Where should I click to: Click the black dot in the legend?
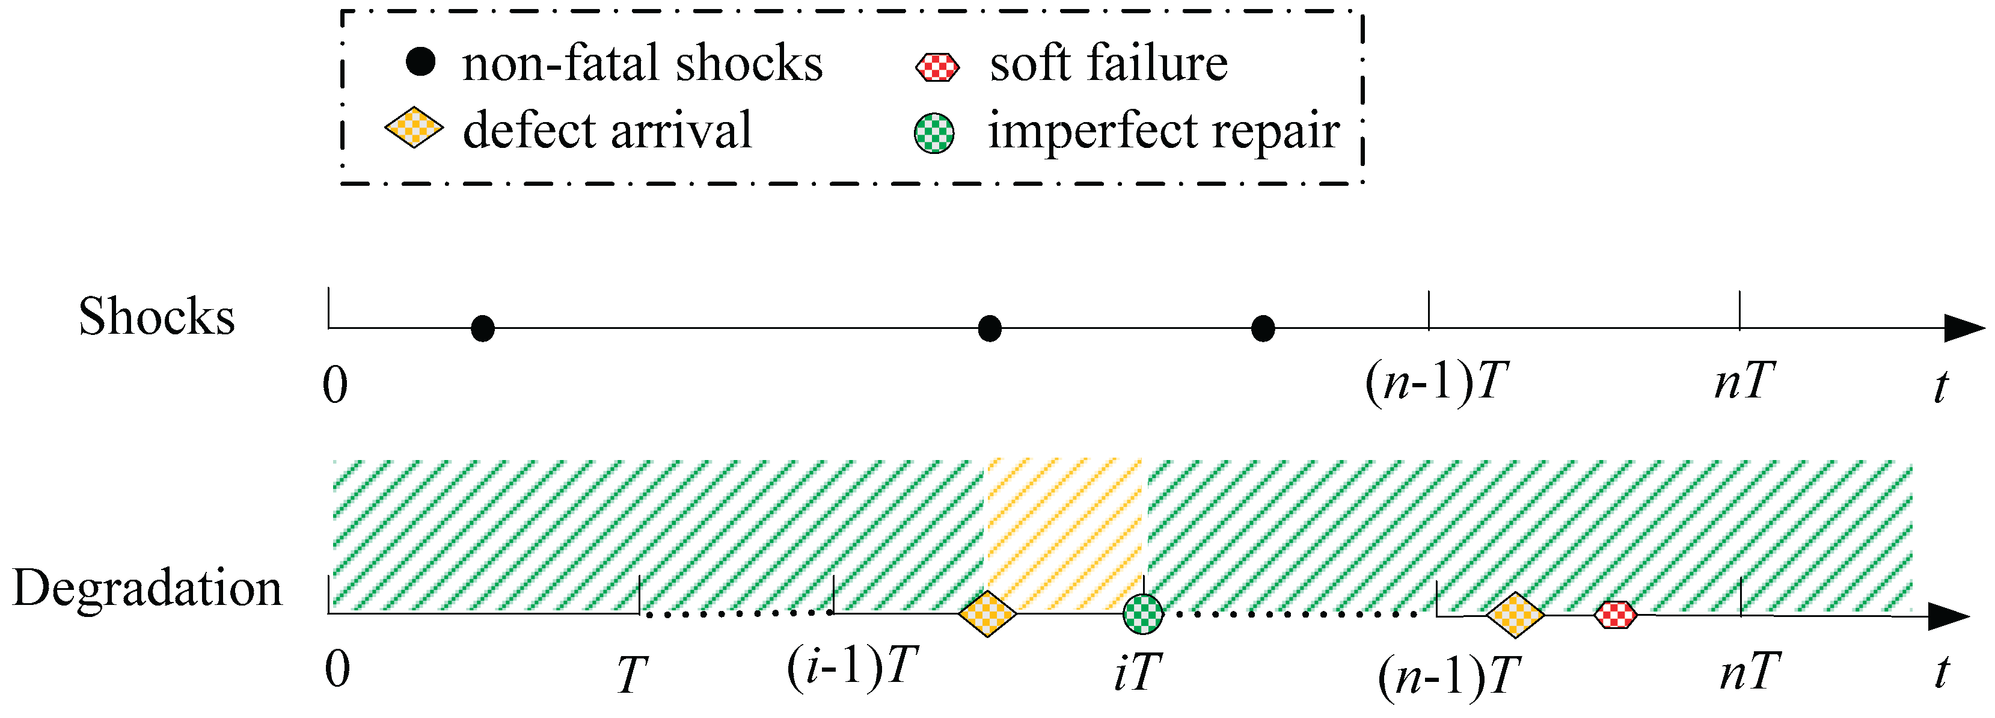tap(420, 61)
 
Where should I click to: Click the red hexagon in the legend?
tap(937, 67)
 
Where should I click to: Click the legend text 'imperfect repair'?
tap(1163, 130)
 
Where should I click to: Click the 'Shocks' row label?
tap(156, 316)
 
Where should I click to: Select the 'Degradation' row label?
tap(147, 589)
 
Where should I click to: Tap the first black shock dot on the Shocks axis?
tap(482, 328)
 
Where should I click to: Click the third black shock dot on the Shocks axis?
tap(1263, 328)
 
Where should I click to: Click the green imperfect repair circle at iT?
tap(1143, 614)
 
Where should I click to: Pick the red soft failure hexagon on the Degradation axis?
tap(1616, 615)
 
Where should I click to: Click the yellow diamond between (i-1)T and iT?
tap(987, 614)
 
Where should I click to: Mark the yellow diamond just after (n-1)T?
tap(1516, 615)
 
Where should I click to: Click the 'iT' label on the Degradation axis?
tap(1138, 670)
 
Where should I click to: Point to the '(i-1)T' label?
tap(852, 667)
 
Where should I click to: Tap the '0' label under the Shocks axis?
tap(336, 384)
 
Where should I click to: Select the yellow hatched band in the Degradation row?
tap(1065, 527)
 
